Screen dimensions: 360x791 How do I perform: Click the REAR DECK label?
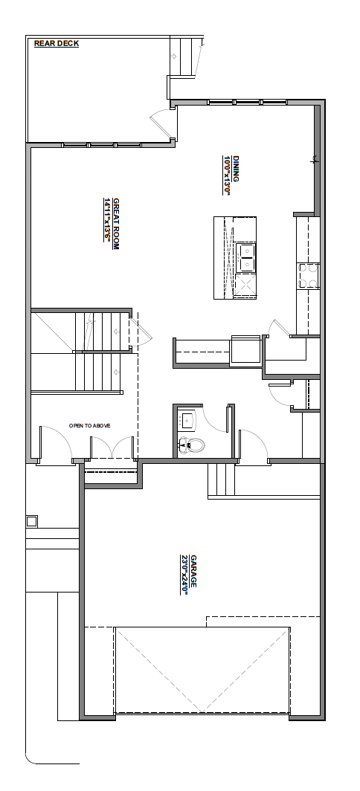click(57, 43)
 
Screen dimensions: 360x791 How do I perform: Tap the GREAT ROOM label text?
click(115, 224)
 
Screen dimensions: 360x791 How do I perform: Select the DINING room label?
click(235, 169)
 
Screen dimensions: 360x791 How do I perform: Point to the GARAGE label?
click(193, 571)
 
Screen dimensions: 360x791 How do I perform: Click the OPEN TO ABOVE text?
click(90, 426)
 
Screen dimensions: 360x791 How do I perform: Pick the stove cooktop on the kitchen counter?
click(308, 276)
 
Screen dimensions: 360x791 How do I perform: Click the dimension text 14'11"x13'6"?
click(107, 220)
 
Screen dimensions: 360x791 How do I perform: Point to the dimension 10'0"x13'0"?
click(227, 175)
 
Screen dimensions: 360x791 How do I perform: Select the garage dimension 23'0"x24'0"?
click(184, 575)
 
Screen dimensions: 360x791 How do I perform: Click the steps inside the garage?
click(221, 480)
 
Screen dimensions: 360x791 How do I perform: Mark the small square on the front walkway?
click(32, 521)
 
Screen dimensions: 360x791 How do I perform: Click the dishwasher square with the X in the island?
click(245, 285)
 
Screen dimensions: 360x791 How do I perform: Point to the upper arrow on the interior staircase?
click(117, 332)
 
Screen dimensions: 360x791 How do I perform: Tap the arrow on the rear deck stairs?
click(174, 56)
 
